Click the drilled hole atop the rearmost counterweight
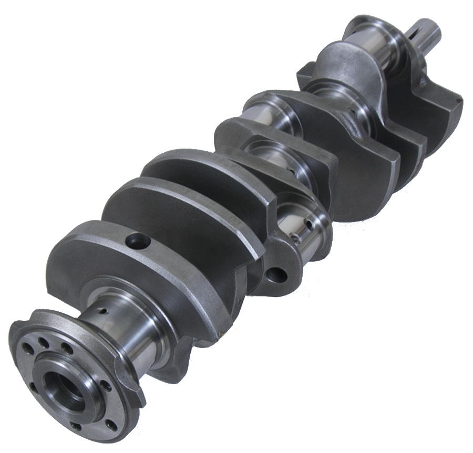[138, 241]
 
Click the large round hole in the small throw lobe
[276, 274]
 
